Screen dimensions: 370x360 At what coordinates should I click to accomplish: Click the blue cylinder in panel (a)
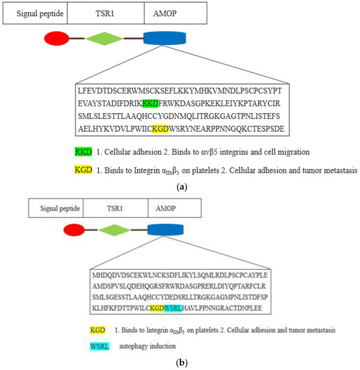165,38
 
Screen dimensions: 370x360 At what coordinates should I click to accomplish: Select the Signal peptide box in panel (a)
34,13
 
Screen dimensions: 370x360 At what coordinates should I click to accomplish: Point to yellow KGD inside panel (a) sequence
160,128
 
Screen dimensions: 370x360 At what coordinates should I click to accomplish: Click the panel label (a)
180,188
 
